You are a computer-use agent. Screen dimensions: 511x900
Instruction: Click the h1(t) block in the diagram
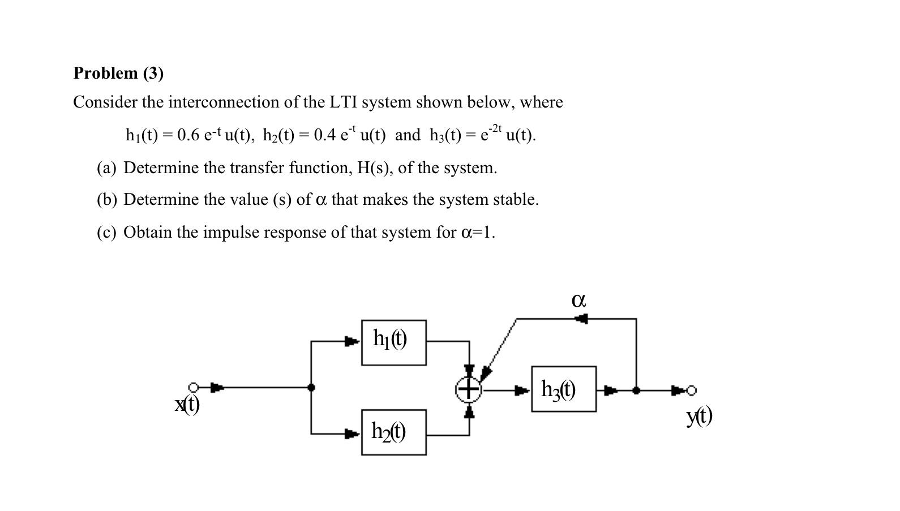coord(393,342)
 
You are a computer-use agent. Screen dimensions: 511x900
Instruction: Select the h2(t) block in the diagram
coord(393,432)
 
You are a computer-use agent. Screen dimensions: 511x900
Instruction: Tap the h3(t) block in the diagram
coord(563,389)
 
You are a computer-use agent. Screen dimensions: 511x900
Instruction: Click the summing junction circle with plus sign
coord(468,389)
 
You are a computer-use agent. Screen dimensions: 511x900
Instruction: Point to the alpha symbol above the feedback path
coord(578,300)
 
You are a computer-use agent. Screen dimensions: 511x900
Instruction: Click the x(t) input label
coord(187,404)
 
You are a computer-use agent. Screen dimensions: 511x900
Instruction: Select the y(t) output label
coord(699,416)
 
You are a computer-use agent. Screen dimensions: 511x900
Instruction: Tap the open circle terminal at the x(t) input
coord(194,388)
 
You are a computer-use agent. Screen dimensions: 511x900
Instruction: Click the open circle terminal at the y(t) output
coord(691,390)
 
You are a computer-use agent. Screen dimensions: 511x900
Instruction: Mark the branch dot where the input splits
coord(311,388)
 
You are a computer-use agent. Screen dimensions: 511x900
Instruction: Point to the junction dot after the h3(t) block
coord(636,390)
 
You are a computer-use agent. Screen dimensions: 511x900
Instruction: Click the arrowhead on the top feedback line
coord(581,319)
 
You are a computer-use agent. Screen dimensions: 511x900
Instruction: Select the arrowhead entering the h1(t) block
coord(352,341)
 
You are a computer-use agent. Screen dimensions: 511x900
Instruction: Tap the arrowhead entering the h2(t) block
coord(352,434)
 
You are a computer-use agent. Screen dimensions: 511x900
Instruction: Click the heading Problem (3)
coord(118,73)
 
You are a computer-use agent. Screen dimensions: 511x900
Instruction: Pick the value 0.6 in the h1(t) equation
coord(188,135)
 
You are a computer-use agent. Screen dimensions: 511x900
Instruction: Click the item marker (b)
coord(106,200)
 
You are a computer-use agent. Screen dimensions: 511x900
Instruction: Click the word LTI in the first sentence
coord(342,102)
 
